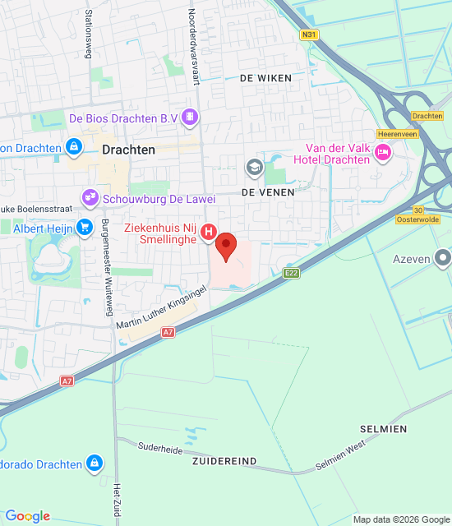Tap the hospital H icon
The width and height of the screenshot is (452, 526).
coord(209,233)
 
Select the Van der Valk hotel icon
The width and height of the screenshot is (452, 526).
coord(382,151)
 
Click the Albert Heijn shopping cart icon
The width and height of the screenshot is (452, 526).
coord(84,227)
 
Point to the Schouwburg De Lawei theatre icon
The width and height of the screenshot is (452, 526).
coord(90,197)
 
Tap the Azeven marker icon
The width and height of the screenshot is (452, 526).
coord(443,259)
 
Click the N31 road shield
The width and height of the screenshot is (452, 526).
coord(309,35)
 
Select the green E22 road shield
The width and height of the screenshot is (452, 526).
coord(290,272)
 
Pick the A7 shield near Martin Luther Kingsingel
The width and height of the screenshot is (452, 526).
coord(168,332)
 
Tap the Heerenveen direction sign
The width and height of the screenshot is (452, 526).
coord(393,133)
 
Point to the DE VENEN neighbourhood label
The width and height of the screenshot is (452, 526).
coord(261,191)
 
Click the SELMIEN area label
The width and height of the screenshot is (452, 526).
coord(383,430)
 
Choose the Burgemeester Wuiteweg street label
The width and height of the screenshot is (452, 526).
coord(106,267)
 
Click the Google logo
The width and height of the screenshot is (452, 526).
coord(27,516)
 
